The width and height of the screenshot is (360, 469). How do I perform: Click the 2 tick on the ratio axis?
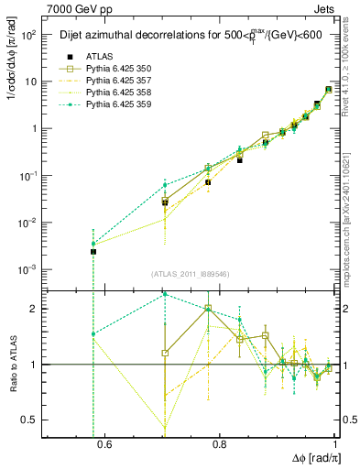pyautogui.click(x=36, y=309)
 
